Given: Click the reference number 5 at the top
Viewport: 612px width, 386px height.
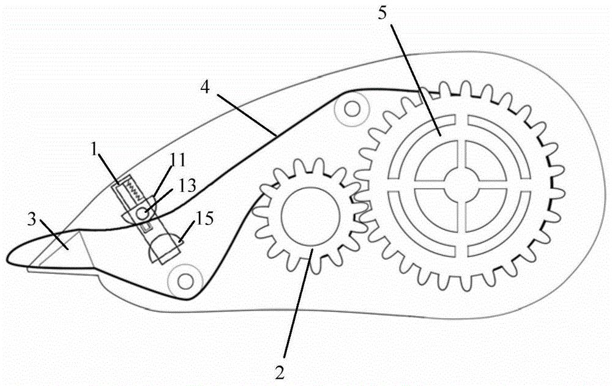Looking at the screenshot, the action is point(382,14).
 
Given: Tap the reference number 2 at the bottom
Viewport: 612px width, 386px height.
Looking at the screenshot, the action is point(280,372).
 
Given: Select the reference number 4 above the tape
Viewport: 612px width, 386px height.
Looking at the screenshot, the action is point(205,87).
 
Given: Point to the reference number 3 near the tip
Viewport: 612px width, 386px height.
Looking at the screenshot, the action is point(32,220).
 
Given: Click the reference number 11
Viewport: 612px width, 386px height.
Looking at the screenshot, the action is point(177,161).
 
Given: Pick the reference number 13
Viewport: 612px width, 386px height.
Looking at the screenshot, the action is point(187,186).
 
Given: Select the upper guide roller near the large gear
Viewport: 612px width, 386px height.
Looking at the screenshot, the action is point(353,108).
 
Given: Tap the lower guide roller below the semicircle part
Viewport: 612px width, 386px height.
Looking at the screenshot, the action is point(185,280).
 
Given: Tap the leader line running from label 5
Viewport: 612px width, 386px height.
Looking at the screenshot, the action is point(416,80).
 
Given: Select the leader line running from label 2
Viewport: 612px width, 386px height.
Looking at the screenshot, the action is point(298,303).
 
